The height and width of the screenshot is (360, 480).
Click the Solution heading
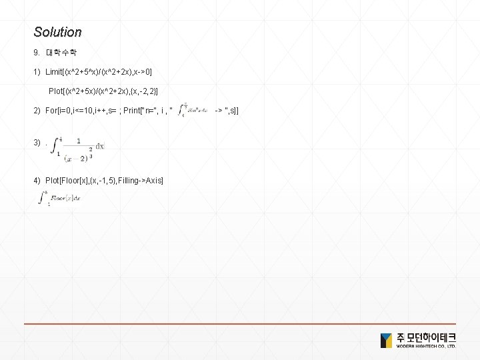pos(57,32)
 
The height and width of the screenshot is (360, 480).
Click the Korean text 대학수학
pos(64,52)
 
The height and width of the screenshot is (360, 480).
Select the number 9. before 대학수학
pos(37,52)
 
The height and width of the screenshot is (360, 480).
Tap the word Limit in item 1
pos(56,71)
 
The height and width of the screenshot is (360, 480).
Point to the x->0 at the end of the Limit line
pos(159,71)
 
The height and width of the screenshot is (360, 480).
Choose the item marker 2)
pos(38,109)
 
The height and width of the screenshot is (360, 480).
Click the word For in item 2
pos(51,109)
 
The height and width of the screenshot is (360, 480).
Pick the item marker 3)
pos(38,143)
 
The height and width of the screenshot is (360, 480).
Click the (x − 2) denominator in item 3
pos(75,158)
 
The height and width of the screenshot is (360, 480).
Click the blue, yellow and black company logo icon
pos(386,340)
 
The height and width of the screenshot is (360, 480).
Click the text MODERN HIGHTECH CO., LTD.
pos(427,347)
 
